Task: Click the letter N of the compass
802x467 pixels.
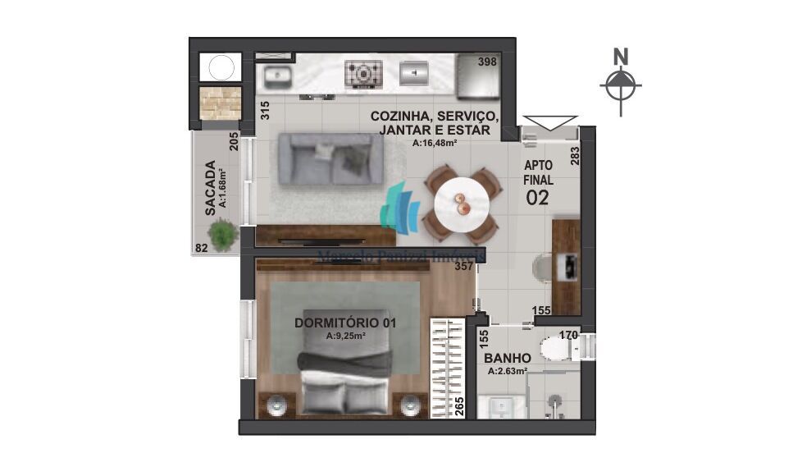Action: coord(621,57)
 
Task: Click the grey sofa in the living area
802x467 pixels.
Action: coord(330,158)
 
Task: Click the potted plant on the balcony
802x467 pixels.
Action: coord(222,234)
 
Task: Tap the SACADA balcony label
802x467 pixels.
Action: coord(211,187)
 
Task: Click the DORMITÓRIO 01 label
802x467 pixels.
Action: coord(344,323)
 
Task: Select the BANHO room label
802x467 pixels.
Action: coord(507,358)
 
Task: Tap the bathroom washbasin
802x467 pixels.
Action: coord(498,407)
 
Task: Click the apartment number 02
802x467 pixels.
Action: coord(537,197)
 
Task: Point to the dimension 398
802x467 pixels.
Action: coord(487,62)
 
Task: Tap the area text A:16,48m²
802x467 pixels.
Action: coord(435,143)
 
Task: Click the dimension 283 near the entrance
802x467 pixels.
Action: coord(575,155)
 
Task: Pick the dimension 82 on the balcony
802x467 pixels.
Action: coord(200,247)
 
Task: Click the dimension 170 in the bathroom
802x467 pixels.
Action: coord(568,334)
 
